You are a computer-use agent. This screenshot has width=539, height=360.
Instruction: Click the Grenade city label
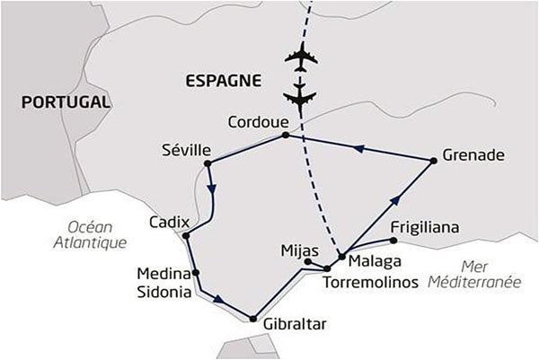[x=473, y=154]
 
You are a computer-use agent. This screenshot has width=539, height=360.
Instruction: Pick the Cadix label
[x=169, y=221]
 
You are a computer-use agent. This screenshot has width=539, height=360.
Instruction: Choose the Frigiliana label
[x=426, y=229]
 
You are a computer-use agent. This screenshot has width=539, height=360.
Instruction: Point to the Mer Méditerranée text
[x=482, y=274]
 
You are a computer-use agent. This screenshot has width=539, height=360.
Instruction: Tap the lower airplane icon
[x=300, y=93]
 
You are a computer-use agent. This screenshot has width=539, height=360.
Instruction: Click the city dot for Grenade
[x=434, y=161]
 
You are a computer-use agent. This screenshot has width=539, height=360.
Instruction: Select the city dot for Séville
[x=208, y=163]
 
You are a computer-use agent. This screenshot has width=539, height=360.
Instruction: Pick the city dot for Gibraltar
[x=255, y=318]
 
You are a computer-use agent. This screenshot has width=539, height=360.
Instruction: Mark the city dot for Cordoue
[x=286, y=136]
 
